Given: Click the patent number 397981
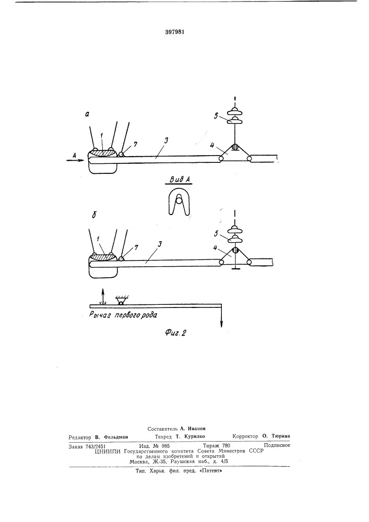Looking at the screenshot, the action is [175, 32].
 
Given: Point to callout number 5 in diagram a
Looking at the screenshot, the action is [216, 116].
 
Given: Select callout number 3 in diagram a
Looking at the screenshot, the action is [166, 140].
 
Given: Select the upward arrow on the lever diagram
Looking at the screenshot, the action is [103, 296].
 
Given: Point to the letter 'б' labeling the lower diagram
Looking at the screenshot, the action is [94, 215].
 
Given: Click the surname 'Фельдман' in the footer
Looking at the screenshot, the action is [116, 437].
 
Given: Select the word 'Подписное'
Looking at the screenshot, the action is [277, 445].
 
